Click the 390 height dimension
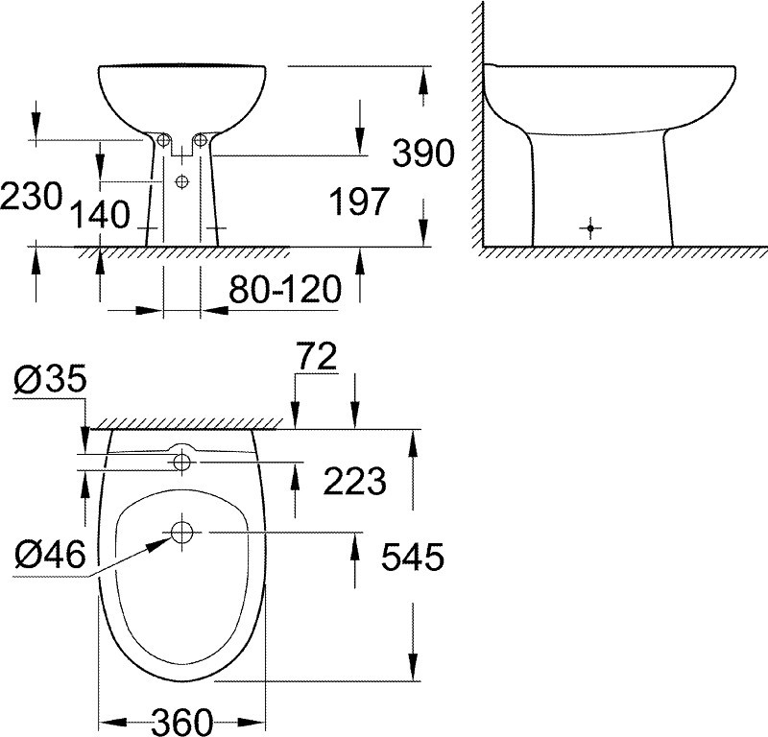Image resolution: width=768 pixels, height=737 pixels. click(x=423, y=154)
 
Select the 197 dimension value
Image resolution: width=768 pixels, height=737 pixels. click(x=359, y=202)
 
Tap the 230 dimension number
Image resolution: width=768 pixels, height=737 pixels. click(x=32, y=197)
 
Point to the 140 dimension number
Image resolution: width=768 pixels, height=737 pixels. click(x=100, y=215)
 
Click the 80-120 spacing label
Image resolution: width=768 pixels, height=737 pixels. click(x=285, y=289)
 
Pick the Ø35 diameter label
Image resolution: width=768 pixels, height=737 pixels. click(x=50, y=378)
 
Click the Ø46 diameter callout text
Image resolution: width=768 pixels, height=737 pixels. click(x=50, y=555)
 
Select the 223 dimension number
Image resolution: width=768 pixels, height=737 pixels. click(x=355, y=481)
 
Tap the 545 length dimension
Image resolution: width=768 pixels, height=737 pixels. click(x=413, y=557)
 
